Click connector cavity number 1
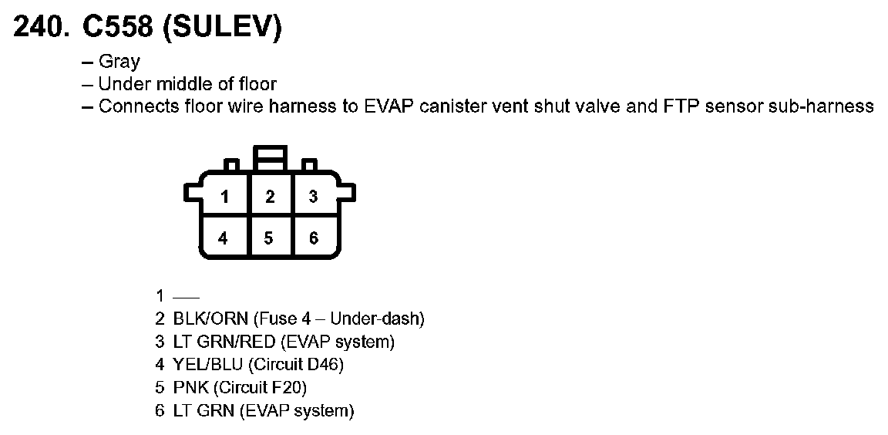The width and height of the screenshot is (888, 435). (224, 197)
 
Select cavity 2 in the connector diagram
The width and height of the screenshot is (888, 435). (270, 197)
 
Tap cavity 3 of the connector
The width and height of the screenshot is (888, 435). (313, 197)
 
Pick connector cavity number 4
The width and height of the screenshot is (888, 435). (224, 238)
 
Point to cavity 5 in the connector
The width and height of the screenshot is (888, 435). (268, 238)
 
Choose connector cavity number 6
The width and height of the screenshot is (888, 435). (313, 238)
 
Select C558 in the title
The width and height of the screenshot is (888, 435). (116, 28)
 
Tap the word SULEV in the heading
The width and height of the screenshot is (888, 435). (224, 28)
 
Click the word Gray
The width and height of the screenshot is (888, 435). (119, 62)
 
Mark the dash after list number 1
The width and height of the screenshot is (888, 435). (187, 295)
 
